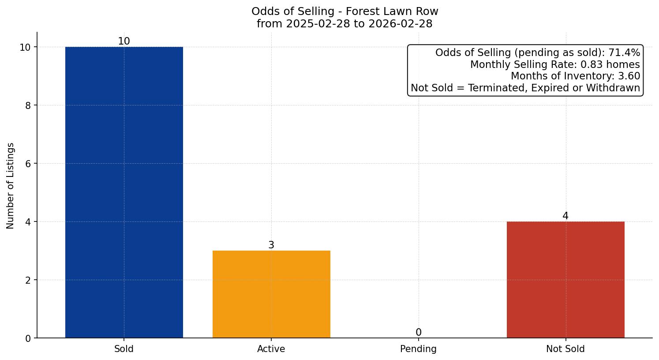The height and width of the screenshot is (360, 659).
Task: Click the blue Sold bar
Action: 124,192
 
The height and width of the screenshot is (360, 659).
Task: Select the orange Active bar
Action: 271,294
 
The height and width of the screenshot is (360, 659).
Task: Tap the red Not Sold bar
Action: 565,280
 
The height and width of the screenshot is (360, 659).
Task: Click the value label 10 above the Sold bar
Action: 124,41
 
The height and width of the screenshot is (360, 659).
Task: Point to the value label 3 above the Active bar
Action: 271,245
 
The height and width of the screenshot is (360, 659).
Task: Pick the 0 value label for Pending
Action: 418,333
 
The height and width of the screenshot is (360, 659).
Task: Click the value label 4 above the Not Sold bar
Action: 565,216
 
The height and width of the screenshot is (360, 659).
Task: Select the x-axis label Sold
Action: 124,349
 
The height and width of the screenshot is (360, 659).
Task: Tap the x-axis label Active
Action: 271,349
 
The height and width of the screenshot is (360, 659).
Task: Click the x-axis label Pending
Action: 418,349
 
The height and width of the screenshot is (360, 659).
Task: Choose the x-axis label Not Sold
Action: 565,349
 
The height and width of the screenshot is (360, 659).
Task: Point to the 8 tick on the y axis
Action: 28,105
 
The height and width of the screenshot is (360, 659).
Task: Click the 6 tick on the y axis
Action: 28,164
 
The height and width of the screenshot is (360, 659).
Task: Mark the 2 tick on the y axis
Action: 28,280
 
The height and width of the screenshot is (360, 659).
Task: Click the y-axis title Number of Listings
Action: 11,186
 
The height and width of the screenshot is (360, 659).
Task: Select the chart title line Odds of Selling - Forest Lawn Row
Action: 344,11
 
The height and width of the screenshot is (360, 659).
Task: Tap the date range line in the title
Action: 344,24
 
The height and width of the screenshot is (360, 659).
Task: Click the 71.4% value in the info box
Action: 624,53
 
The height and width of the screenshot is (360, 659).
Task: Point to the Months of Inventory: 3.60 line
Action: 575,76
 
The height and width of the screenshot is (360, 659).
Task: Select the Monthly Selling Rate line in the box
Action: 555,64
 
